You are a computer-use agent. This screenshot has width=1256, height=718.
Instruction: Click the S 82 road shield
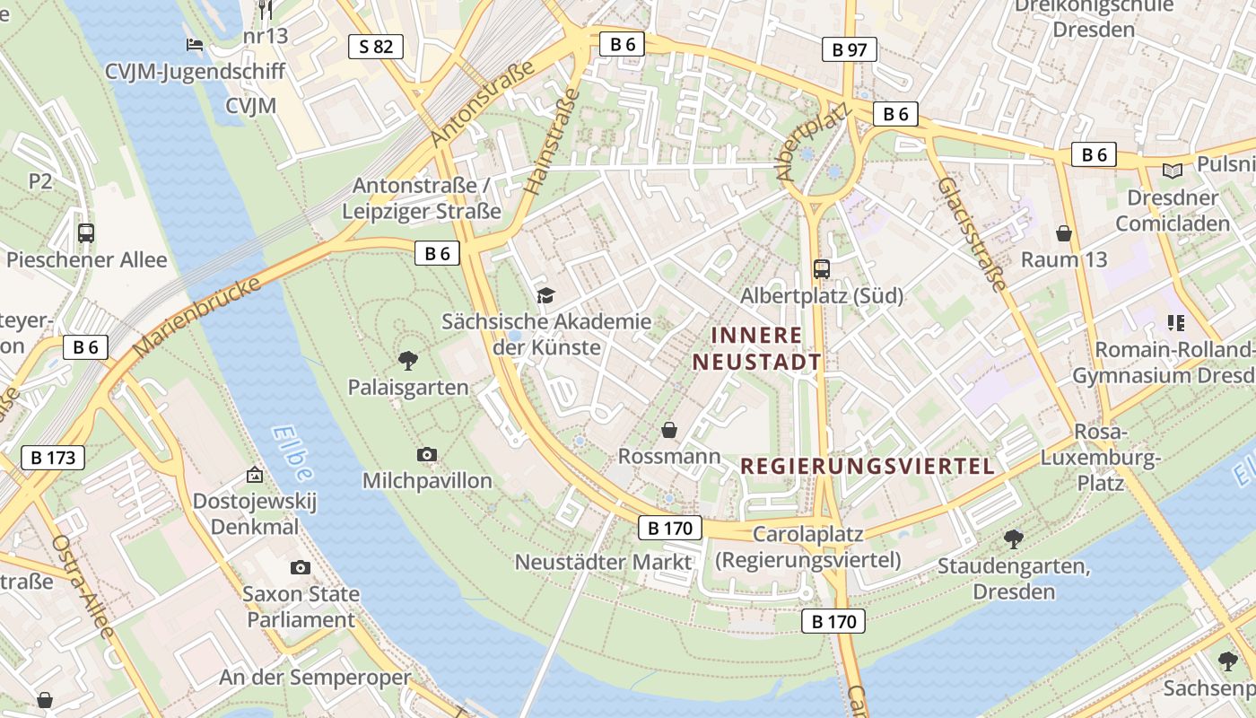[376, 47]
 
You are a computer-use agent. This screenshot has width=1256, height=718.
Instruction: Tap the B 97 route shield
[849, 49]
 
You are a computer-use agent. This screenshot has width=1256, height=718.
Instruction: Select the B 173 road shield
[53, 458]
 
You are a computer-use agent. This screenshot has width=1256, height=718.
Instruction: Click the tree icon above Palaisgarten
[408, 361]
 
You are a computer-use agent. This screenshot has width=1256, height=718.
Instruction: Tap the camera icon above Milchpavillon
[427, 455]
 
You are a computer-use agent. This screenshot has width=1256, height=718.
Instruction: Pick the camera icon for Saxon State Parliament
[301, 567]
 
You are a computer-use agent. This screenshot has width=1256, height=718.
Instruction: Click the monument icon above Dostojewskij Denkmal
[255, 475]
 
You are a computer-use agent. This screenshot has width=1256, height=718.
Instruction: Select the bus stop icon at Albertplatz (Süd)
[821, 268]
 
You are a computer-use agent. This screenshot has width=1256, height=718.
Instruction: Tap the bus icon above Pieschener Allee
[86, 233]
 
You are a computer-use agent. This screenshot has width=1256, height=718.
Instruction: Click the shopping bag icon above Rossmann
[668, 431]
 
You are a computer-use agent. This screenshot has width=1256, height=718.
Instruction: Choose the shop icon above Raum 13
[1064, 233]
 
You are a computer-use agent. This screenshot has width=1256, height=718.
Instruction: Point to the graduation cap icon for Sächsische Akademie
[545, 295]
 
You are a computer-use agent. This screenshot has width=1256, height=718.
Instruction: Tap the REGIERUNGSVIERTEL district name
[868, 466]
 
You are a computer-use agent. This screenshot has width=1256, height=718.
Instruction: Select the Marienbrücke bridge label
[197, 316]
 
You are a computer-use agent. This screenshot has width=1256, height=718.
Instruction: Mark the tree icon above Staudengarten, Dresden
[1014, 539]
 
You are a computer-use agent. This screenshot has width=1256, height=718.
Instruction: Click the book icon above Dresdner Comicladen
[1173, 171]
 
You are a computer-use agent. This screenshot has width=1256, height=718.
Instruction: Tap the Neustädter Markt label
[603, 562]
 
